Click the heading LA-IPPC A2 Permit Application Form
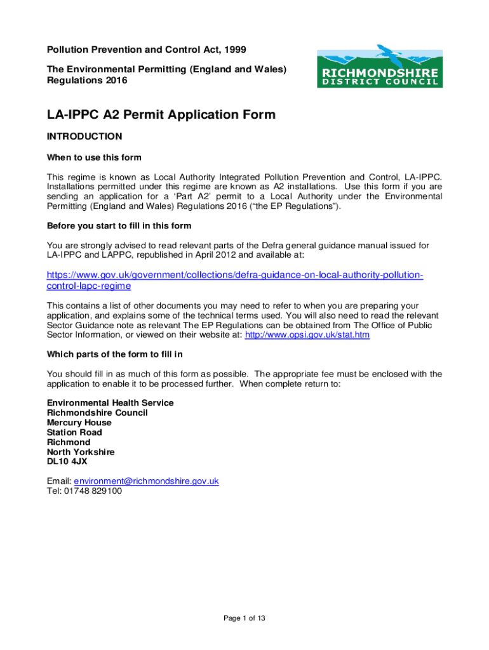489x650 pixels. click(x=161, y=114)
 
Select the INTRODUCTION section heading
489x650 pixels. click(x=84, y=136)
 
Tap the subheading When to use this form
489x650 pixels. click(x=94, y=157)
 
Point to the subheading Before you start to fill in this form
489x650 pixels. click(x=119, y=226)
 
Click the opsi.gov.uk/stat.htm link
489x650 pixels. click(x=307, y=335)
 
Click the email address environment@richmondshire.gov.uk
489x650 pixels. click(x=147, y=481)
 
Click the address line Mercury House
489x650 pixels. click(x=79, y=423)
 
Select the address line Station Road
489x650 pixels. click(x=74, y=432)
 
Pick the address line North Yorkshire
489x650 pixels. click(x=81, y=452)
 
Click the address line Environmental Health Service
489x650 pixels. click(x=110, y=403)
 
